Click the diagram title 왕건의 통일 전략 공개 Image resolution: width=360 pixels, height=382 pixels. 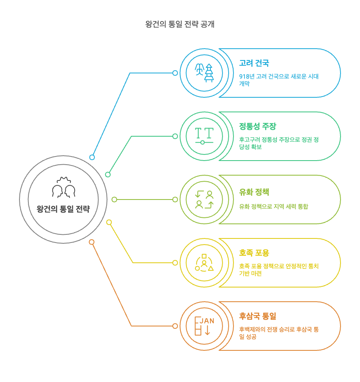(180, 24)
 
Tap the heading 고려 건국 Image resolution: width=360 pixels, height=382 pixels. (254, 63)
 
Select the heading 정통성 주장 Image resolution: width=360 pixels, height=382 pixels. (257, 127)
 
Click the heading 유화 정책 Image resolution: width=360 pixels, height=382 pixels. (254, 192)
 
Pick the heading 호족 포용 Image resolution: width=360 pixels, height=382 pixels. (254, 253)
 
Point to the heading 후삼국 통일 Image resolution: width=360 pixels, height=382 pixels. (257, 316)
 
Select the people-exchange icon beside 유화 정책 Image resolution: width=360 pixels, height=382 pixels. (204, 200)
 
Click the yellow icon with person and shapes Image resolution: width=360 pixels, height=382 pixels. (204, 263)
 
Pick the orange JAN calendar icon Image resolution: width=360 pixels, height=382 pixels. (204, 326)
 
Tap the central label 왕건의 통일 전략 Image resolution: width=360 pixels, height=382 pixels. (63, 209)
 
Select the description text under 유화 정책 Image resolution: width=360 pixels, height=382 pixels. (273, 206)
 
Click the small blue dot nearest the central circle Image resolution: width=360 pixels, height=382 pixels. (92, 157)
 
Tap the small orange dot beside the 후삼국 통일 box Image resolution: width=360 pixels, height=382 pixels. (175, 326)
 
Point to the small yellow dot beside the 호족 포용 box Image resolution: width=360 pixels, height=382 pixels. (175, 263)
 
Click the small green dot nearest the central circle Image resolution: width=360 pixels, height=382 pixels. (108, 174)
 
